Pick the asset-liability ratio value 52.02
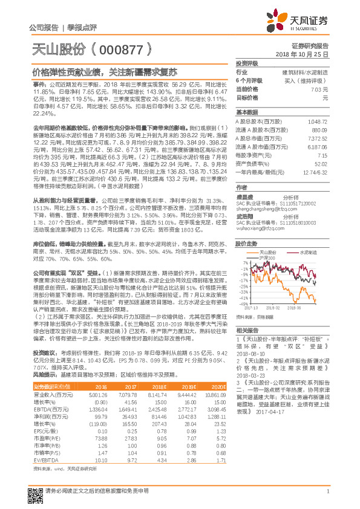tap(322, 163)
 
